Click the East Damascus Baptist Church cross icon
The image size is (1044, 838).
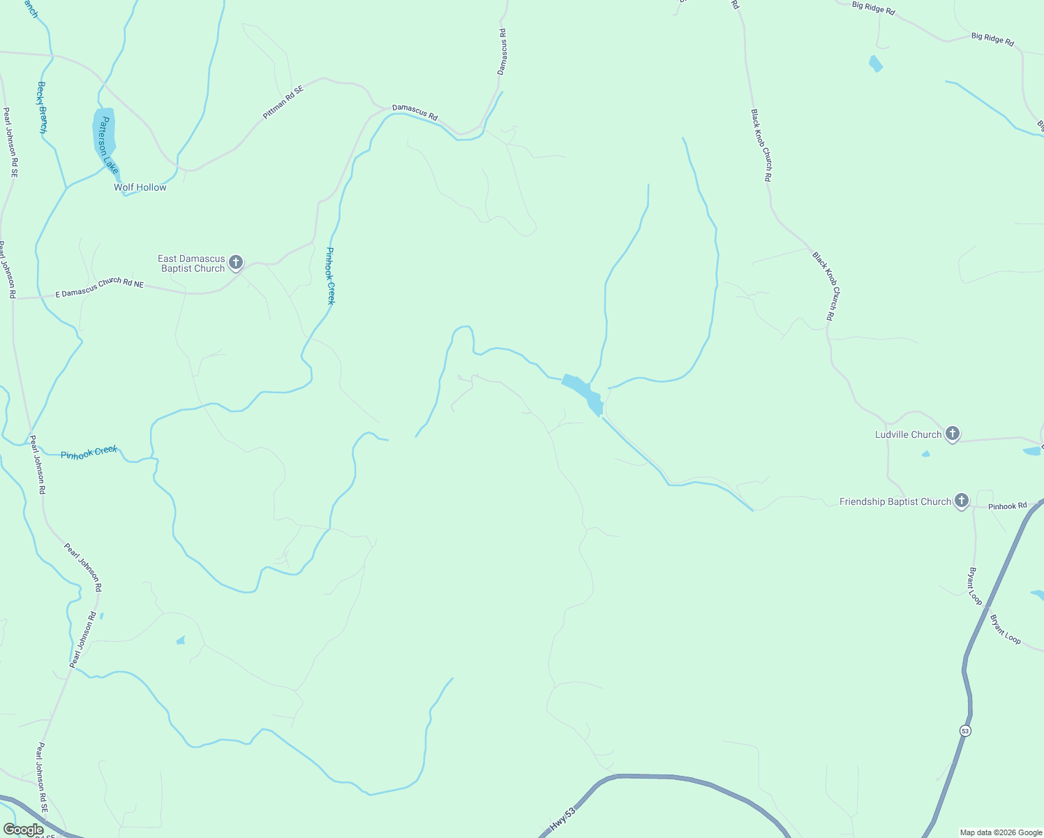tap(236, 263)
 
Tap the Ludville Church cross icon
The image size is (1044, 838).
tap(953, 434)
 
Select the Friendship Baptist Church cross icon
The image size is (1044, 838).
tap(962, 500)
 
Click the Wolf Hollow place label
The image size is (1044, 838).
tap(140, 187)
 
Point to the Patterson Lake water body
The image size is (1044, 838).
tap(103, 133)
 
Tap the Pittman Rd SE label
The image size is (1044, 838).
tap(283, 102)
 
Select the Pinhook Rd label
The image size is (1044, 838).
tap(1008, 506)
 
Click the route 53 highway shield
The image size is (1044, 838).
tap(965, 730)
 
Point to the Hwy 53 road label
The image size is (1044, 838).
tap(562, 819)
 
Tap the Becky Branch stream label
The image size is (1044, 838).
tap(42, 108)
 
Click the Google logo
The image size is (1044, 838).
tap(23, 830)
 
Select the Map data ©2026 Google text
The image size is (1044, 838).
tap(1001, 832)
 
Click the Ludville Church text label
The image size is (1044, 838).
tap(908, 434)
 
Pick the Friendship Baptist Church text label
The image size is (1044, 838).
tap(895, 501)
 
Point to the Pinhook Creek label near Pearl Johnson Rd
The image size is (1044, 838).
tap(89, 453)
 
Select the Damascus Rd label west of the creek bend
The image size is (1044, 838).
tap(415, 112)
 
